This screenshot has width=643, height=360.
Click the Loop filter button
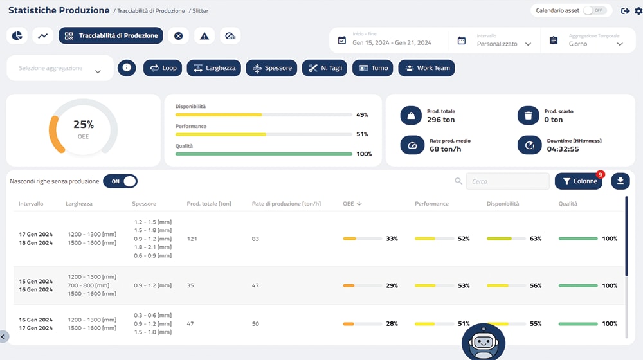(163, 68)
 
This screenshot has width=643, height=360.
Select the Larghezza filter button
(213, 68)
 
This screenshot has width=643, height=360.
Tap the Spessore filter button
(271, 68)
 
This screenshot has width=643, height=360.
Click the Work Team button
(426, 68)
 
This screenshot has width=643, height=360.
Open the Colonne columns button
(578, 181)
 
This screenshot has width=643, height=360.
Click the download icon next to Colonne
(620, 181)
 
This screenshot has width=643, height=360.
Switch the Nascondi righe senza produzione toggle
(120, 181)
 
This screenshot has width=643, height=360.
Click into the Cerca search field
(507, 181)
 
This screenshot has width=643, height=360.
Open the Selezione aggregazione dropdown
(60, 69)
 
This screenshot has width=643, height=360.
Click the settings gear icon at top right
(637, 11)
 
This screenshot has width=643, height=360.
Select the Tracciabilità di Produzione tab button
(111, 36)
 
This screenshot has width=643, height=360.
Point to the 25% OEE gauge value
(84, 125)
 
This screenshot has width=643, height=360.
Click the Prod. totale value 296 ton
(440, 120)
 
